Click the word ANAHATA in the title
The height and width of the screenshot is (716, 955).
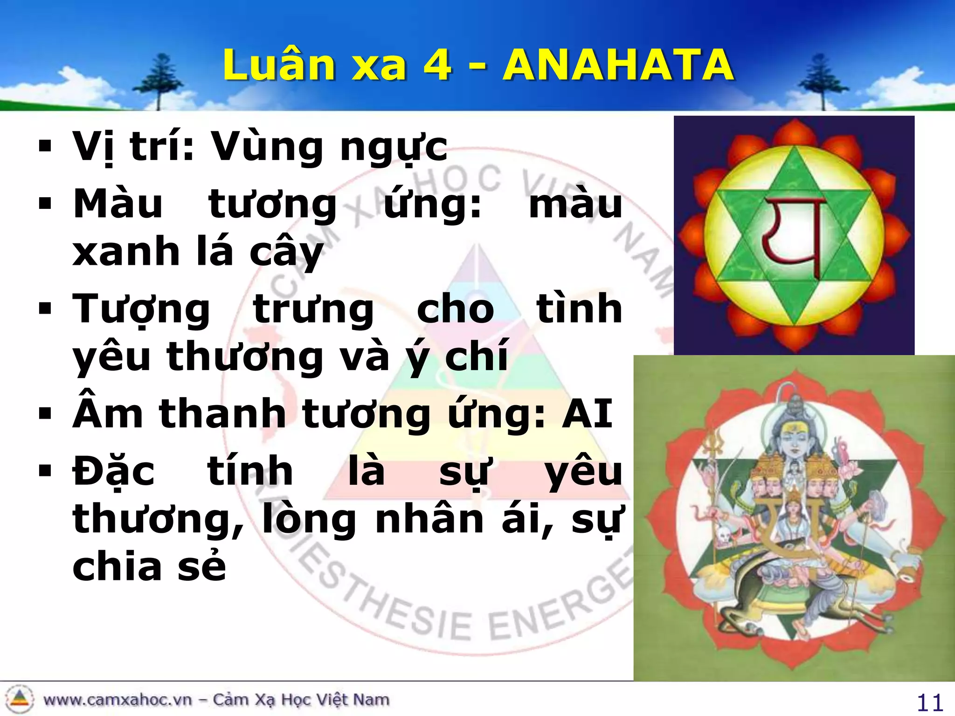618,65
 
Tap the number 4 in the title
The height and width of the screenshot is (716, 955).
437,65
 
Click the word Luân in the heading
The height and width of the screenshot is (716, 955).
278,65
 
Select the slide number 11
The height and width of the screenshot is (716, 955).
930,702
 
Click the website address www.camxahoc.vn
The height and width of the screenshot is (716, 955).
117,700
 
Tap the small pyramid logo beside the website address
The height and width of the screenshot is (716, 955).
19,699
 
